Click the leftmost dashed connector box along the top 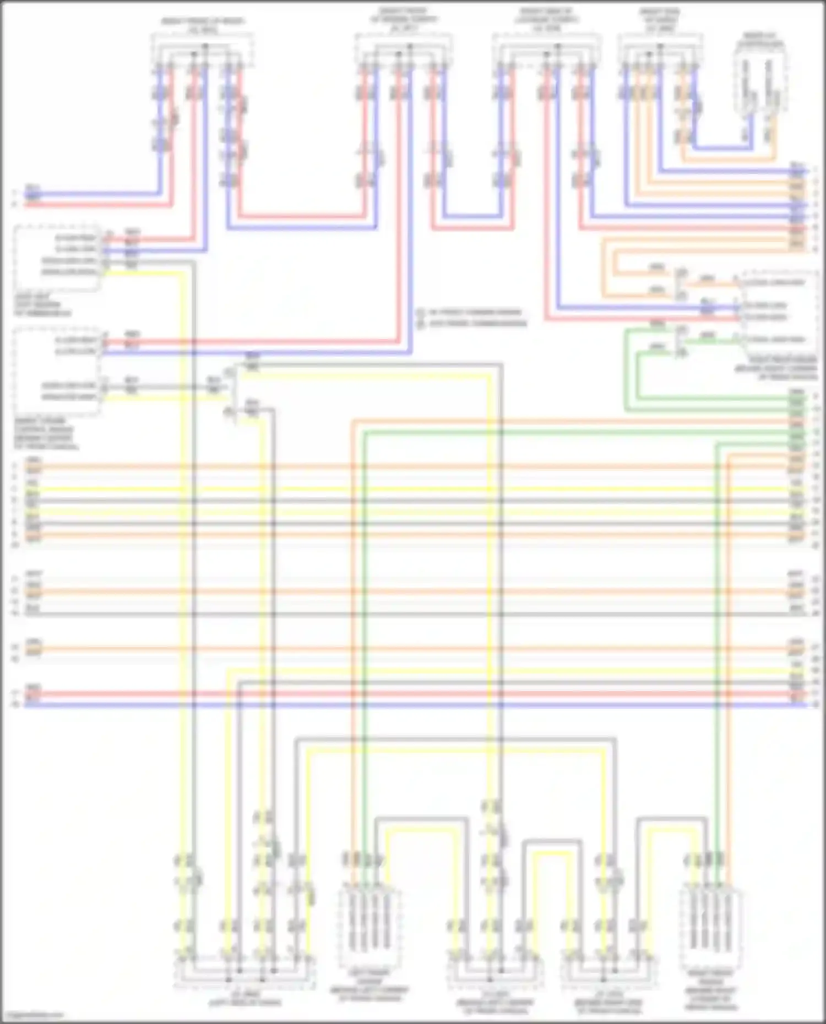[x=203, y=51]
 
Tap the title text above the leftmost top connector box [x=203, y=25]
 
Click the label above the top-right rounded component [x=761, y=39]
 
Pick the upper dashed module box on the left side [x=58, y=257]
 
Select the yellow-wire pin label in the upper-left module [x=69, y=272]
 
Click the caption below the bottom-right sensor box [x=711, y=990]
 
